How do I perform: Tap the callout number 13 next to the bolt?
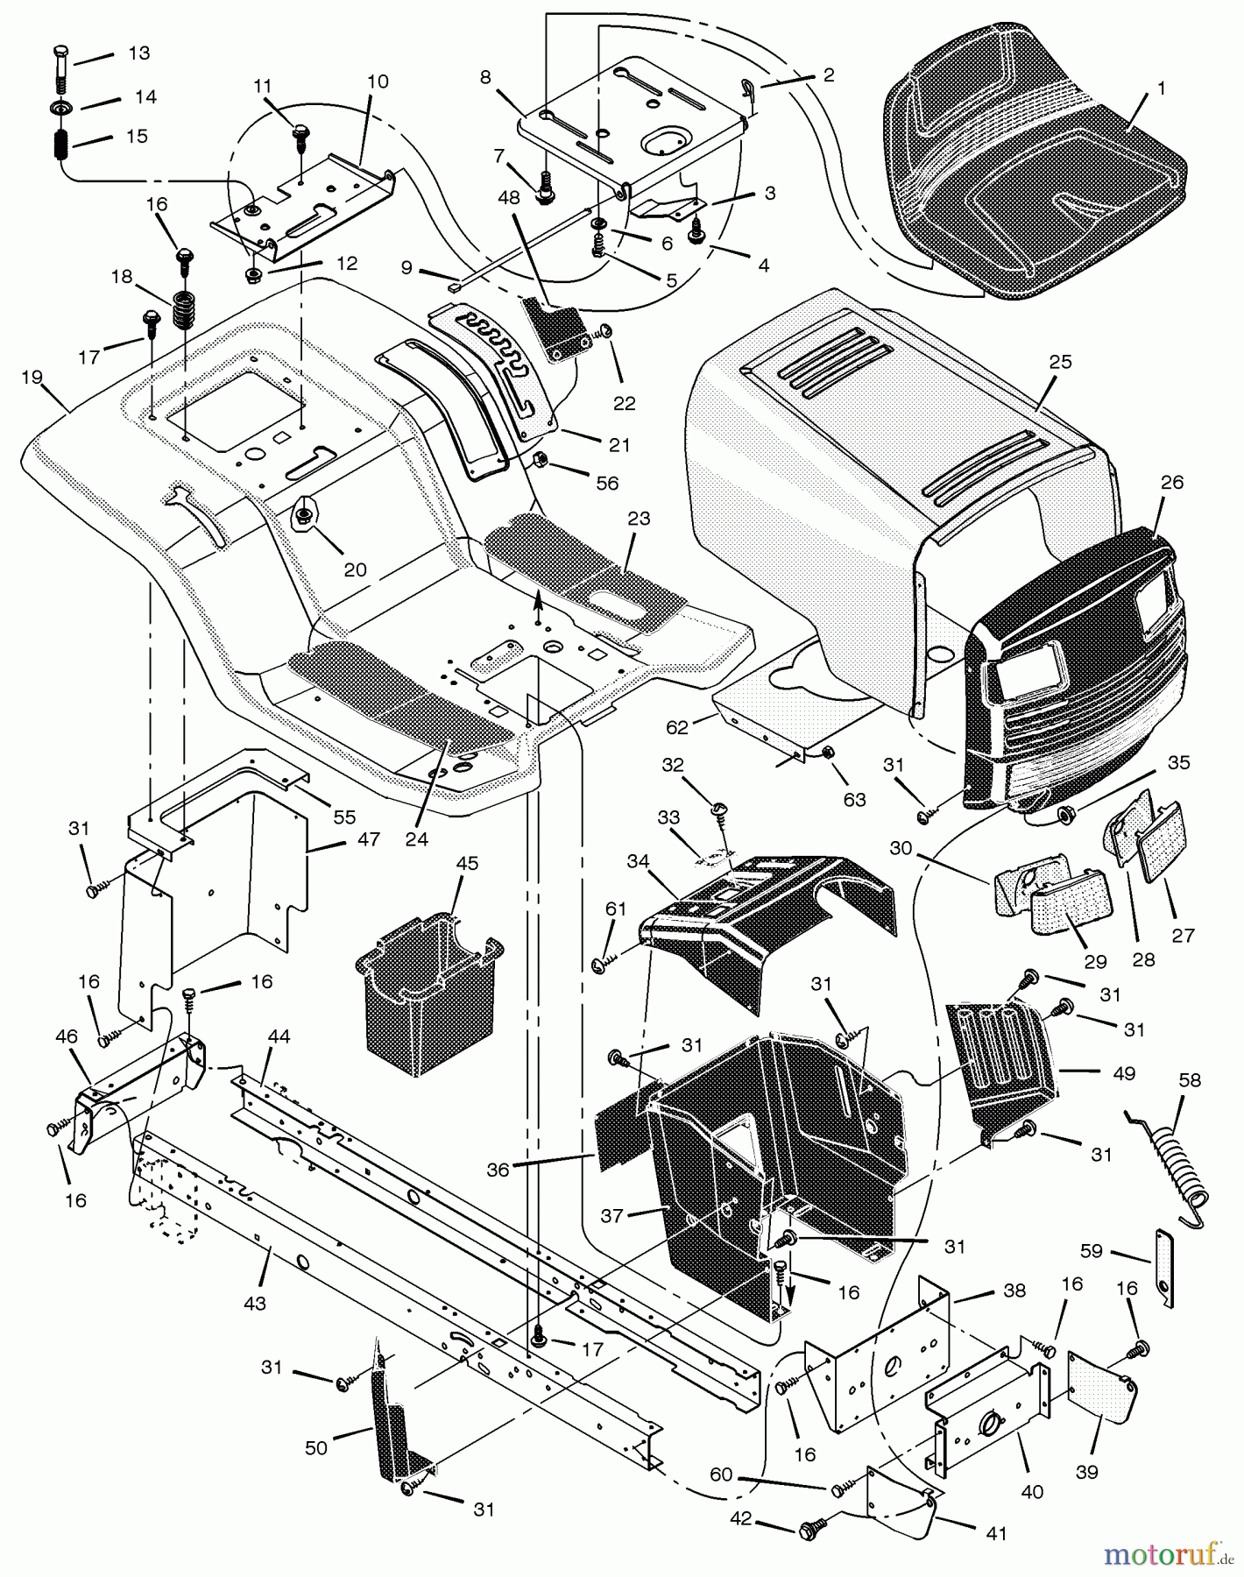pos(138,53)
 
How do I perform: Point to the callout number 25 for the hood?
pos(1059,363)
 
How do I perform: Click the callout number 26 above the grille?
pos(1171,482)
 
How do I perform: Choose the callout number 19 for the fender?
pos(32,378)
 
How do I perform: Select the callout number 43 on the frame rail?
pos(254,1305)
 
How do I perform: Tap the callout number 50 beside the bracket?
pos(315,1448)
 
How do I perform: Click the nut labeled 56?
pos(541,460)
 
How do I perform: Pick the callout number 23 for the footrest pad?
pos(639,519)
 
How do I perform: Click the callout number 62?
pos(678,726)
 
